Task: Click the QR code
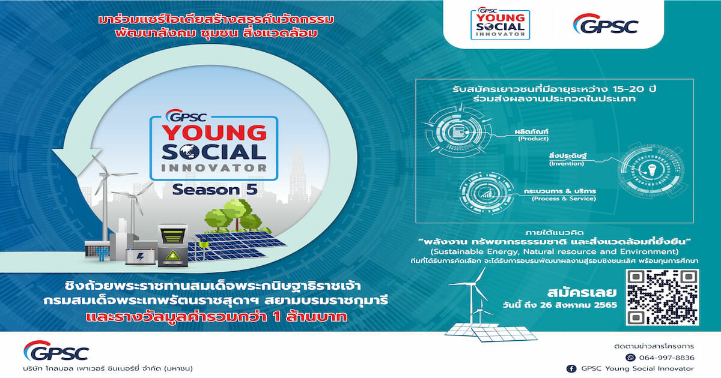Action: [x=662, y=297]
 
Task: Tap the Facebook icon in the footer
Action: [x=571, y=368]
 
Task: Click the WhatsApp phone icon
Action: [x=630, y=358]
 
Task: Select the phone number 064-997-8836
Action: [x=666, y=358]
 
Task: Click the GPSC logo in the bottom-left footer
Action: [x=56, y=350]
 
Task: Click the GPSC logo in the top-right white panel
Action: [x=606, y=24]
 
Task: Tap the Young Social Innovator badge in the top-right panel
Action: [x=500, y=24]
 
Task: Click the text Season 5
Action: [x=214, y=190]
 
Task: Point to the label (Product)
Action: [x=533, y=139]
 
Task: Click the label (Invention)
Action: [x=566, y=163]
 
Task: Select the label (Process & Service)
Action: [x=564, y=199]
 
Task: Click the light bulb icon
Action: [x=652, y=169]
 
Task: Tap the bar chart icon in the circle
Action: [x=486, y=193]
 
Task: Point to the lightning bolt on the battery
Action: [x=141, y=257]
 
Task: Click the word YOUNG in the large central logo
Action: [x=214, y=133]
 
